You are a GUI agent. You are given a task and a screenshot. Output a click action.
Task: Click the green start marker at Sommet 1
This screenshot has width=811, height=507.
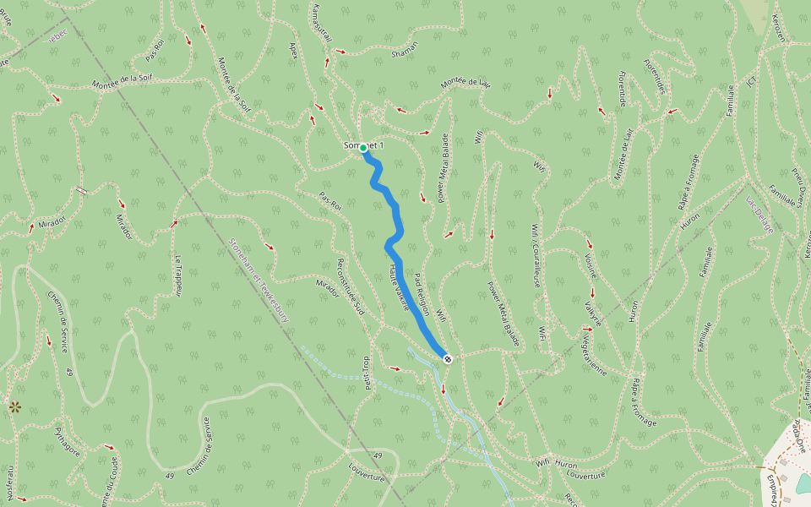363,148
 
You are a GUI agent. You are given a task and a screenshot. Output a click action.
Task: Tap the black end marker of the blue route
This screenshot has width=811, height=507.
447,359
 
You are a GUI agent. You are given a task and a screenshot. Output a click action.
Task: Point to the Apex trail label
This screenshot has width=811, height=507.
294,52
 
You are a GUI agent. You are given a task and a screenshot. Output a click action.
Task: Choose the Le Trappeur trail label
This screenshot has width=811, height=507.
178,275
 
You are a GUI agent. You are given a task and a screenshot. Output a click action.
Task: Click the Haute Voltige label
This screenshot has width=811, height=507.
399,287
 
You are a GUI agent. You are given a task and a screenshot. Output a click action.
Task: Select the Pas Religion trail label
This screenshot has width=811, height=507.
422,292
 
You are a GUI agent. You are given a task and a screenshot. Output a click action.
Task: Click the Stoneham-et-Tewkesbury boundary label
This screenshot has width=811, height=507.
261,280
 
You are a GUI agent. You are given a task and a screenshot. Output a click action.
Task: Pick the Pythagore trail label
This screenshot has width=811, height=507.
68,441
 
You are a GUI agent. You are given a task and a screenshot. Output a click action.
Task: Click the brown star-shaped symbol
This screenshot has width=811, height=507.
14,406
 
